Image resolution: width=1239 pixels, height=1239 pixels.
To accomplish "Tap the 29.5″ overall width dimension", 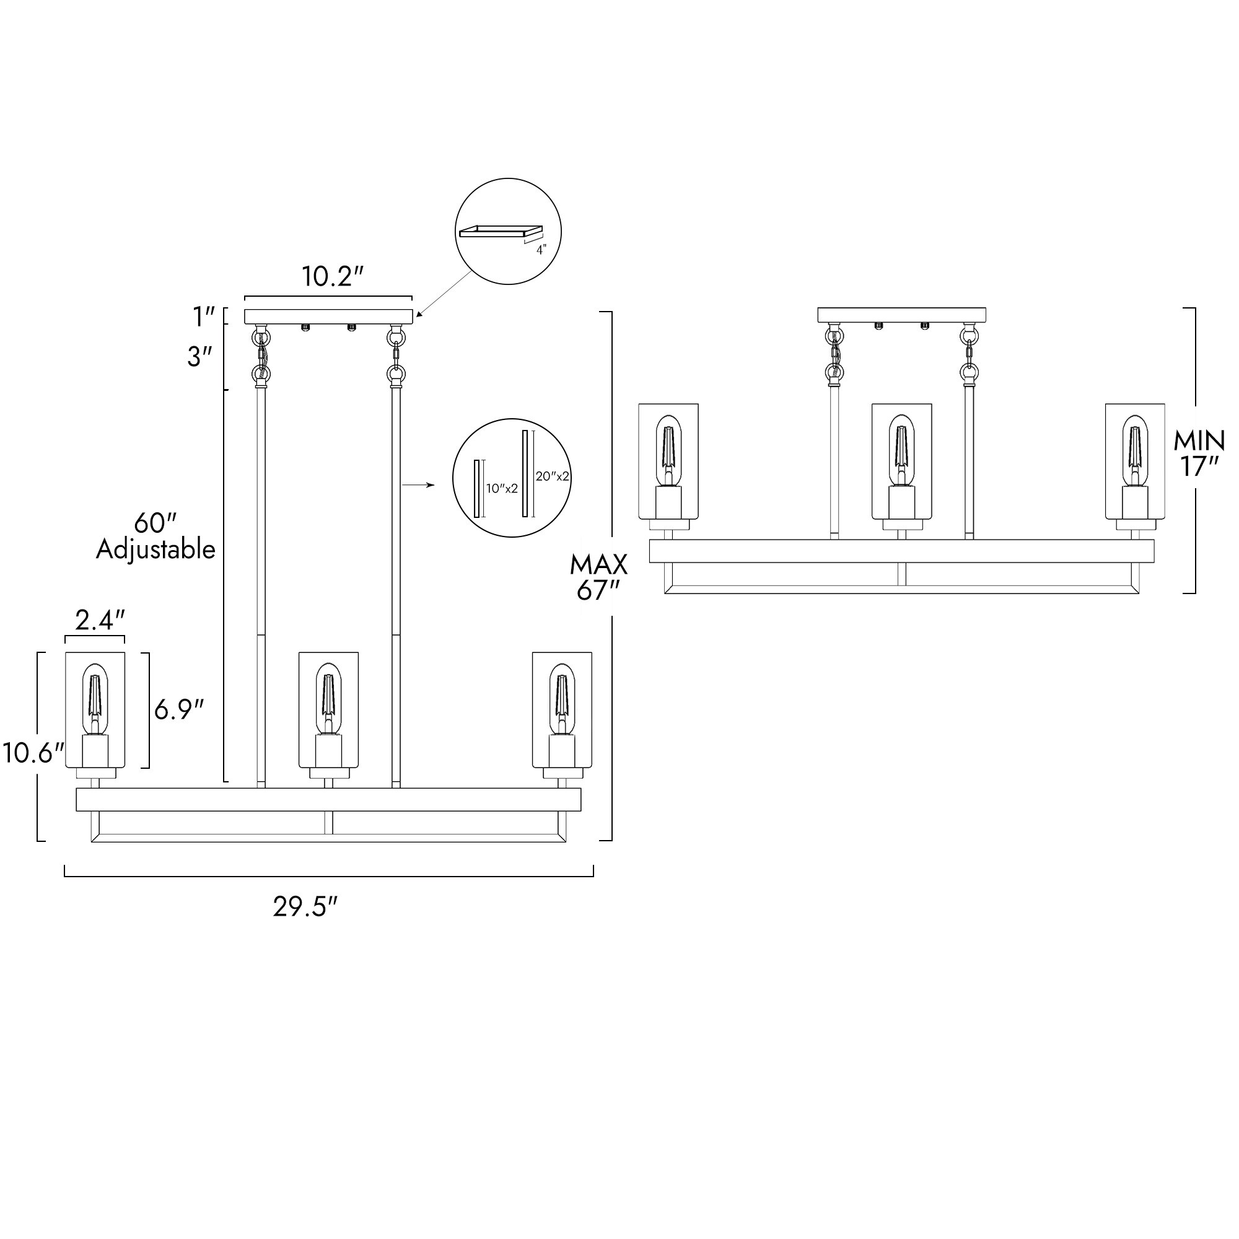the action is [x=305, y=907].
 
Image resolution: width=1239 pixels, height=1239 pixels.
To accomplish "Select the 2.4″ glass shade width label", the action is [x=99, y=620].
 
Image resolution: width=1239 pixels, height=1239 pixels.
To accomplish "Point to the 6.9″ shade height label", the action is [x=179, y=709].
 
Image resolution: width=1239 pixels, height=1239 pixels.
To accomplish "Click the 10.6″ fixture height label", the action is [x=33, y=753].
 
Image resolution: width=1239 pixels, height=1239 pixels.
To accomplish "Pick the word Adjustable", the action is [x=156, y=549].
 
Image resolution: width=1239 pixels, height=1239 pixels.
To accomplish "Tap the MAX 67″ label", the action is [x=599, y=577].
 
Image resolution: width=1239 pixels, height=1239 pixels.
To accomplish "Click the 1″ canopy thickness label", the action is [x=204, y=316].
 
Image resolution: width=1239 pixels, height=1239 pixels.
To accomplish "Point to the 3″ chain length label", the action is [x=199, y=357].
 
